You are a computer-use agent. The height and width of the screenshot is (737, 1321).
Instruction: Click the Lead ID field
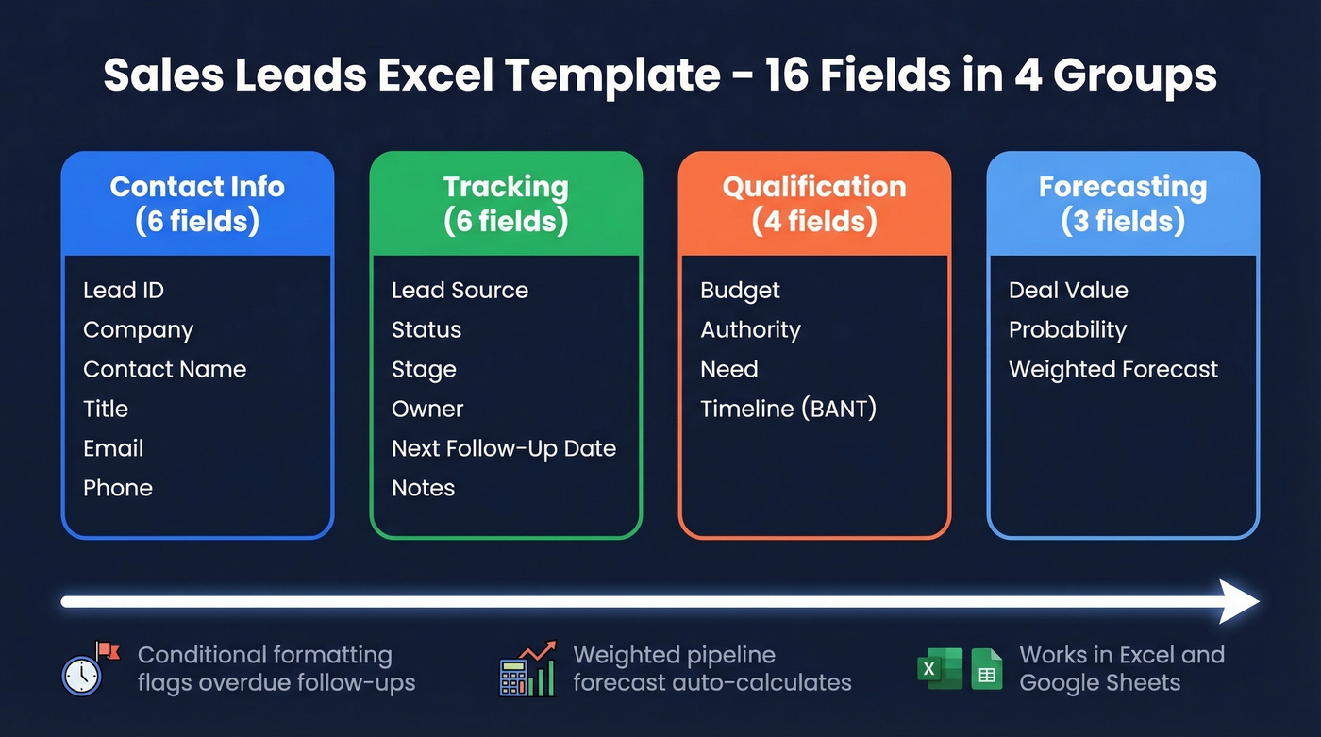click(x=124, y=291)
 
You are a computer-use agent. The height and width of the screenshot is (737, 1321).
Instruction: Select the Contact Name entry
click(x=164, y=370)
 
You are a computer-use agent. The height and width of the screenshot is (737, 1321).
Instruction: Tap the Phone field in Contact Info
click(x=118, y=489)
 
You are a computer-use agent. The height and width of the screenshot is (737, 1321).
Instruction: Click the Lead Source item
click(x=460, y=291)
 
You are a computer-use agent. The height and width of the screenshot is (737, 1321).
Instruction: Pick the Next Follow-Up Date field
click(x=504, y=449)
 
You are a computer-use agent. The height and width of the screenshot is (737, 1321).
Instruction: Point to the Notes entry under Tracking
click(x=423, y=489)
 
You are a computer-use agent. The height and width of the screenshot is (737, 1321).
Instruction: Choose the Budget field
click(x=740, y=291)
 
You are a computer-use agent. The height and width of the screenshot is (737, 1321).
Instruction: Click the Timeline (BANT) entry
click(x=788, y=410)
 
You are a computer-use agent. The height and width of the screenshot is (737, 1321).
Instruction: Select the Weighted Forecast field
click(x=1113, y=370)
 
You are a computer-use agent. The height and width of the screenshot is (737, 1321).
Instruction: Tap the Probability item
click(x=1067, y=330)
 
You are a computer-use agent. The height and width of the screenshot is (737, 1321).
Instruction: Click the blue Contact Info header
click(x=197, y=204)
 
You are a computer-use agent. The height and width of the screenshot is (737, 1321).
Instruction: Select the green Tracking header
click(x=506, y=204)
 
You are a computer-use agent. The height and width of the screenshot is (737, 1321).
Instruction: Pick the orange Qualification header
click(x=814, y=204)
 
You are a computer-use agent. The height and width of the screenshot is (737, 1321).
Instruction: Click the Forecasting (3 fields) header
click(x=1123, y=204)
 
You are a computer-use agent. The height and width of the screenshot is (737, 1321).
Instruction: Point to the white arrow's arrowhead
click(x=1238, y=601)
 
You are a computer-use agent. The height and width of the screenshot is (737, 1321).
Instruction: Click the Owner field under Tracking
click(x=427, y=410)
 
